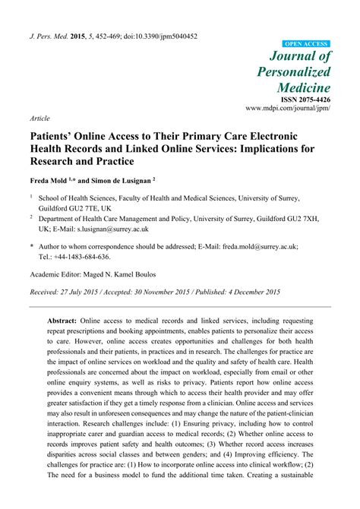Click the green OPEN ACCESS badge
tap(306, 45)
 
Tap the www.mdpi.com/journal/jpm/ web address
tap(288, 109)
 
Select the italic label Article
tap(39, 119)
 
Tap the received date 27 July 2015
tap(89, 291)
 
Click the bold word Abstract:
tap(68, 322)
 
